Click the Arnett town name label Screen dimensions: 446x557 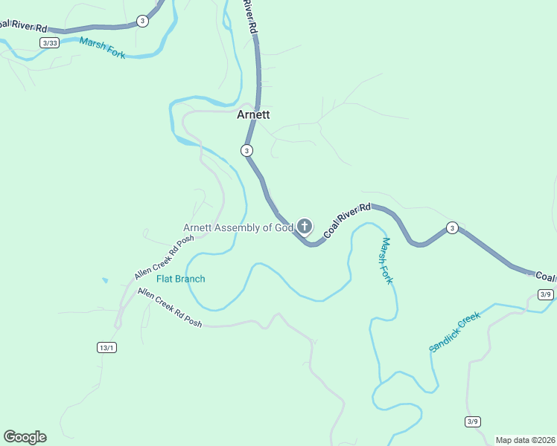click(x=253, y=115)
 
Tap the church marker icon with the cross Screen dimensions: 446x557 click(x=305, y=226)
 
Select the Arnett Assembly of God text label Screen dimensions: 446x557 click(x=238, y=227)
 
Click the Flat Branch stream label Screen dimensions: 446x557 click(x=180, y=279)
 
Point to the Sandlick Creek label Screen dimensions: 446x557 click(x=455, y=332)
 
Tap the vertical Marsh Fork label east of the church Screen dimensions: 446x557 click(x=387, y=261)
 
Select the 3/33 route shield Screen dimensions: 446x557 click(x=50, y=43)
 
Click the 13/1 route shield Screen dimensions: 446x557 click(x=106, y=347)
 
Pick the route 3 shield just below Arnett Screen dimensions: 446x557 click(x=246, y=150)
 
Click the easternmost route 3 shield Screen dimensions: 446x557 click(x=451, y=227)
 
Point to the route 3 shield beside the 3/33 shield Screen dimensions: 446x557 click(x=142, y=21)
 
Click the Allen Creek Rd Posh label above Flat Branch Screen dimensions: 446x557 click(x=164, y=257)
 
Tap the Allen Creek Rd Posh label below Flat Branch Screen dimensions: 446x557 click(x=170, y=307)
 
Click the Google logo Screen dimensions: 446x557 click(x=25, y=437)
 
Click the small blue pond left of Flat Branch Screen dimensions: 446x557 click(x=105, y=281)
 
